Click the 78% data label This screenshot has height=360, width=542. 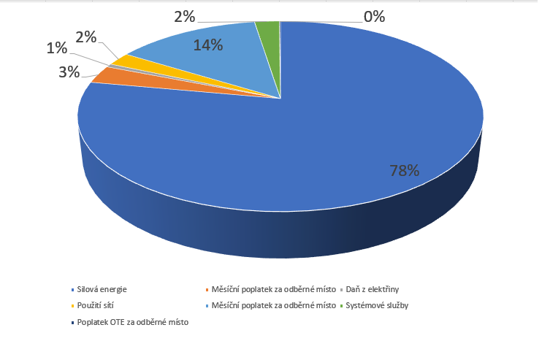(x=404, y=171)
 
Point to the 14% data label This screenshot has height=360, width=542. (x=209, y=45)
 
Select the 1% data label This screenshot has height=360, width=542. (x=56, y=48)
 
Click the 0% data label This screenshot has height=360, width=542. (x=374, y=16)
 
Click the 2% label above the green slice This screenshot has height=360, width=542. (x=185, y=16)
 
